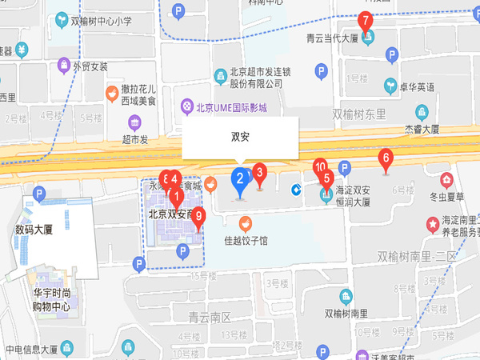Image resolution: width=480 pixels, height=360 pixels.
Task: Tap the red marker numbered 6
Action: (386, 158)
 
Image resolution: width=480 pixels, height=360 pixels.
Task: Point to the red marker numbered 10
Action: (321, 168)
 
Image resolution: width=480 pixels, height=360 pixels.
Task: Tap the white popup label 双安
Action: (240, 137)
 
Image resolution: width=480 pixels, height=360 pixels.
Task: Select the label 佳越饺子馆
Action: (246, 240)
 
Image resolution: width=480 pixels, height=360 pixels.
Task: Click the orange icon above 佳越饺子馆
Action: (246, 222)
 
